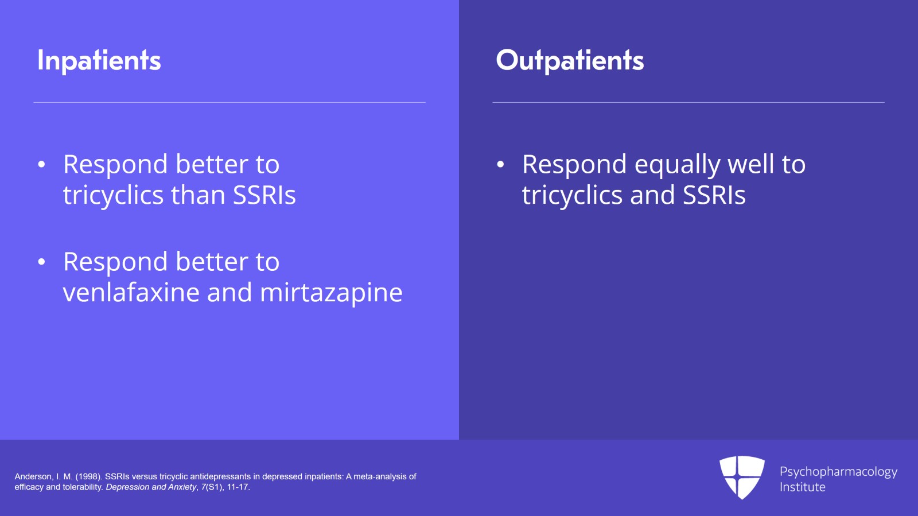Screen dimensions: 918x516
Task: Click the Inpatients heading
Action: pyautogui.click(x=99, y=61)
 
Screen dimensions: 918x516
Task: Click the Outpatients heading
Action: pyautogui.click(x=570, y=61)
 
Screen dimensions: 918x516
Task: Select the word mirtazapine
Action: pyautogui.click(x=331, y=293)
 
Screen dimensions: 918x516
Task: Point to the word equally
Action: pyautogui.click(x=677, y=165)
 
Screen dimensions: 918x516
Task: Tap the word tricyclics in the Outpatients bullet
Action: pyautogui.click(x=572, y=195)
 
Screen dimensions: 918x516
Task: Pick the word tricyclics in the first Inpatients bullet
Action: pyautogui.click(x=113, y=195)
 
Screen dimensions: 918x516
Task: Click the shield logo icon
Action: pyautogui.click(x=742, y=478)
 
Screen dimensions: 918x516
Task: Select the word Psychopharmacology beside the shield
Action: pyautogui.click(x=838, y=472)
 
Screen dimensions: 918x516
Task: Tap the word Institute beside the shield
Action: pyautogui.click(x=803, y=487)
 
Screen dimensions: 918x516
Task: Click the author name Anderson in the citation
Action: pyautogui.click(x=34, y=476)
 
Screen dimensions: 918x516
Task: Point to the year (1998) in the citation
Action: pyautogui.click(x=89, y=476)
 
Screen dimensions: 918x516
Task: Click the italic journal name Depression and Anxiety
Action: pyautogui.click(x=151, y=487)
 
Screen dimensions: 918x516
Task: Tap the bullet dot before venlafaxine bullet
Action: pyautogui.click(x=41, y=262)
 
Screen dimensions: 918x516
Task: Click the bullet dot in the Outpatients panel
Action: pyautogui.click(x=500, y=164)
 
